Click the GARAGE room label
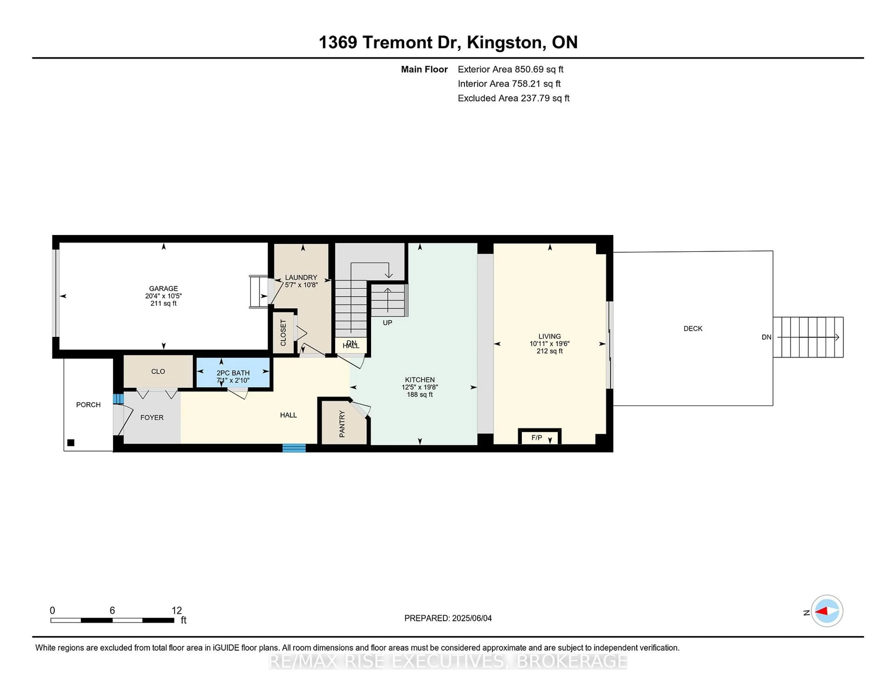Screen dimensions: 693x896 pos(163,289)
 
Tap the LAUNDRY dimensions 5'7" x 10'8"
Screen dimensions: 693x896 pos(301,285)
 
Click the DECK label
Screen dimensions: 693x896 pos(693,329)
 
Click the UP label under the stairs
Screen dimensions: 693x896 pos(387,323)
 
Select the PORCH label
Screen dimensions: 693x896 pos(88,405)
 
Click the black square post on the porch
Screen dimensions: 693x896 pos(70,442)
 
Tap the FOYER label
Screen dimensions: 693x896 pos(152,417)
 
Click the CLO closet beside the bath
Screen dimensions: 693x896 pos(158,371)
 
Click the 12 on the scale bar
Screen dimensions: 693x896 pos(177,611)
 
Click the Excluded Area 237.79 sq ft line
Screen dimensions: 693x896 pos(513,98)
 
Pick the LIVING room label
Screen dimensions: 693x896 pos(549,336)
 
